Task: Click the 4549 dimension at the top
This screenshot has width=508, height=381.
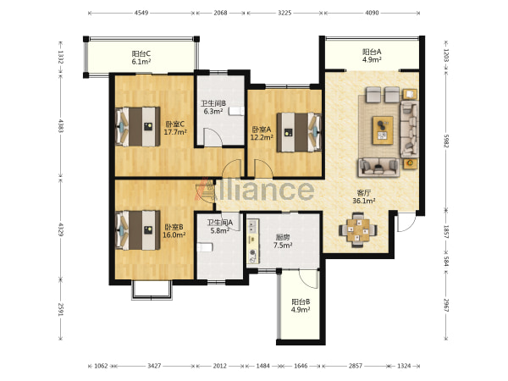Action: pyautogui.click(x=141, y=13)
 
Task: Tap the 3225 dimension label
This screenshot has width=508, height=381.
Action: pyautogui.click(x=284, y=13)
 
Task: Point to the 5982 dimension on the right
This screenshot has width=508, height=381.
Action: pyautogui.click(x=446, y=141)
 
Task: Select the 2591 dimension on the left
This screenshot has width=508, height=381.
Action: pyautogui.click(x=60, y=309)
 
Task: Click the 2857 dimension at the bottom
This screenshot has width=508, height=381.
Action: pyautogui.click(x=356, y=366)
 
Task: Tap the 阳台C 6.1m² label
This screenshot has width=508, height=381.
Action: pyautogui.click(x=141, y=58)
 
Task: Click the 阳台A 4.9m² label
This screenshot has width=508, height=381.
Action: pyautogui.click(x=372, y=55)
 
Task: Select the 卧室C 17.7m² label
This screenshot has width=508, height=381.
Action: pyautogui.click(x=175, y=128)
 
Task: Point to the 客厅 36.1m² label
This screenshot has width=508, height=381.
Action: pyautogui.click(x=364, y=196)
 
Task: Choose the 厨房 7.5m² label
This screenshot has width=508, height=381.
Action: pyautogui.click(x=283, y=241)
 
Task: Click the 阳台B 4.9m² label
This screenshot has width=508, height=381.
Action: pyautogui.click(x=301, y=306)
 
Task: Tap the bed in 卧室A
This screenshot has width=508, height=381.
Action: pyautogui.click(x=299, y=132)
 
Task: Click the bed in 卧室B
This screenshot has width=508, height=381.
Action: pyautogui.click(x=138, y=230)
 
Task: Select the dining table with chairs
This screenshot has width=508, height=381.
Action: pyautogui.click(x=358, y=230)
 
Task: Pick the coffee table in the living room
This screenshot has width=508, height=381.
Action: pyautogui.click(x=383, y=130)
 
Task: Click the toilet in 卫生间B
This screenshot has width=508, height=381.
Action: pyautogui.click(x=236, y=111)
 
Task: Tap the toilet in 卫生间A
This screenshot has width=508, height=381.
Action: pyautogui.click(x=205, y=247)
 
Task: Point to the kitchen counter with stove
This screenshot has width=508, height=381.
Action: pyautogui.click(x=253, y=241)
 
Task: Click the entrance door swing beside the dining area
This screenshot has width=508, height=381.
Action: pyautogui.click(x=406, y=222)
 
